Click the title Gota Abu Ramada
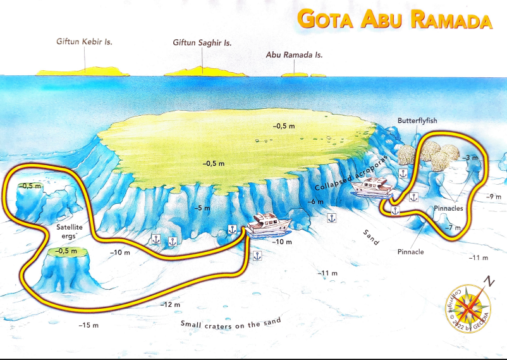click(x=394, y=20)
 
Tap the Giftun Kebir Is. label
click(x=89, y=42)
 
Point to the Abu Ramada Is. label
click(x=295, y=55)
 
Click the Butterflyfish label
click(x=418, y=120)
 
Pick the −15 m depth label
click(x=89, y=325)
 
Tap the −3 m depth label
click(x=470, y=157)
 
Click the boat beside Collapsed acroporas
click(x=372, y=187)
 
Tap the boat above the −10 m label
click(x=269, y=223)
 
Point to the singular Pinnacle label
click(x=411, y=252)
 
